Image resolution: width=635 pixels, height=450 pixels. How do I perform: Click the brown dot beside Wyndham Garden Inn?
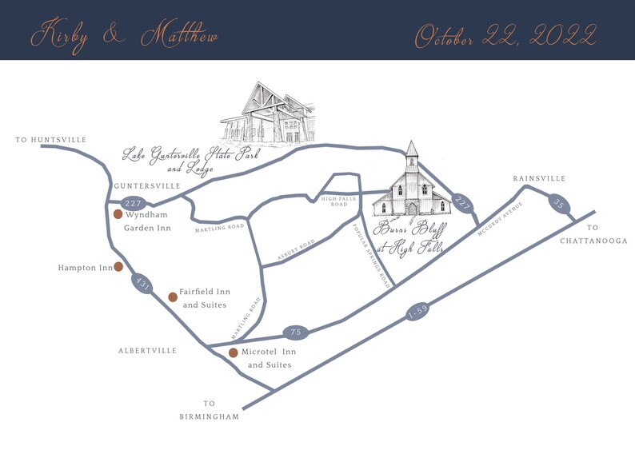(x=118, y=214)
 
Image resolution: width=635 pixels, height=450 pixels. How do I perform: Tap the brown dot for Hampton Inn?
(x=118, y=267)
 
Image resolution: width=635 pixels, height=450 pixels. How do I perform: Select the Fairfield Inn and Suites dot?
(x=172, y=297)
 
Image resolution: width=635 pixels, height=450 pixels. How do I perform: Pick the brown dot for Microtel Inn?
(x=233, y=352)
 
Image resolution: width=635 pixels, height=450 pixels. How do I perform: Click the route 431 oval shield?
(x=143, y=283)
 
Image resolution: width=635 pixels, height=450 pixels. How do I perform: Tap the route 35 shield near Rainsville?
(x=558, y=205)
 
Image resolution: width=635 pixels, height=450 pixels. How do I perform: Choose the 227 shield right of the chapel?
(x=461, y=203)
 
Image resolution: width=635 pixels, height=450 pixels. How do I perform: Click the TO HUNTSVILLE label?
(x=51, y=140)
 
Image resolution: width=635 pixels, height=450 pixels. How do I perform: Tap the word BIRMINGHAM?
(x=210, y=416)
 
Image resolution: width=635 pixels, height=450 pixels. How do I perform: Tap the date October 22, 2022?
(x=505, y=36)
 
